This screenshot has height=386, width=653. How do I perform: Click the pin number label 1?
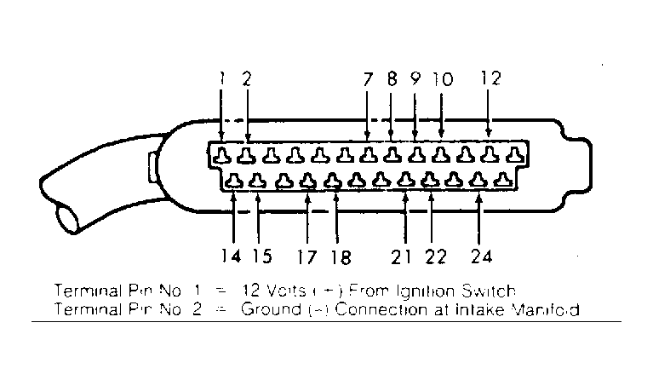coord(221,78)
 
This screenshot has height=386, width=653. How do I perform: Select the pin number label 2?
coord(247,78)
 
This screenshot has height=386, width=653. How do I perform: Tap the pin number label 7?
coord(367,79)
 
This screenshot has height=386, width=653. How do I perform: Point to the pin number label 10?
coord(442,79)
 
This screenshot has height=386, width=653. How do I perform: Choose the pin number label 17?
coord(307,256)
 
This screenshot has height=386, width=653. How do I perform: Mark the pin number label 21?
coord(404,256)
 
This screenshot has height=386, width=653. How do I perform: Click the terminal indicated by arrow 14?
coord(233,181)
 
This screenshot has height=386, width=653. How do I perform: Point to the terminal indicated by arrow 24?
coord(479,181)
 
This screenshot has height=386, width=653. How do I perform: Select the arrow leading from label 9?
coord(415,115)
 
